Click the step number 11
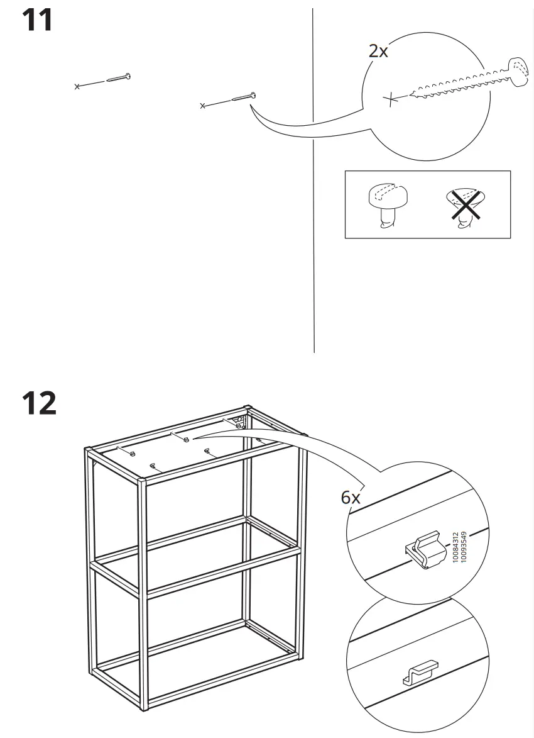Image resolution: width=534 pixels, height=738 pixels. tap(38, 21)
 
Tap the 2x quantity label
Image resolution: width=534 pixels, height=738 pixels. tap(378, 52)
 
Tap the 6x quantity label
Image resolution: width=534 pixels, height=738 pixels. tap(351, 498)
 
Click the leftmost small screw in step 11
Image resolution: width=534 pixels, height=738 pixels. tap(118, 78)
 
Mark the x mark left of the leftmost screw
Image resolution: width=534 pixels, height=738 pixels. tap(77, 86)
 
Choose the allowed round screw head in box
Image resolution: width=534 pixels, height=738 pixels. tap(387, 200)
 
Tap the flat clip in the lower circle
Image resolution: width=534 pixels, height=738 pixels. tap(418, 672)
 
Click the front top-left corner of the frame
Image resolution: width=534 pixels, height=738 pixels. tap(88, 450)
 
